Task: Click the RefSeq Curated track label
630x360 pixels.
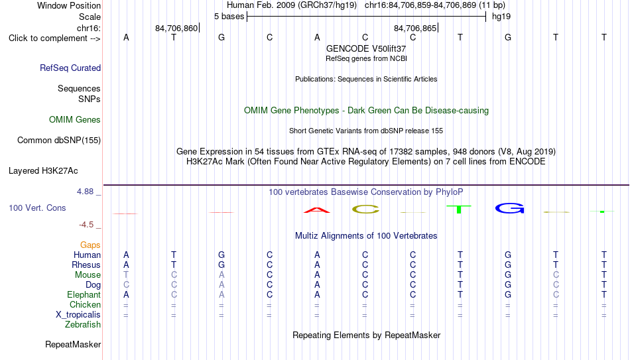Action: pos(70,68)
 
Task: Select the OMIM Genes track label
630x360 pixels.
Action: pos(75,120)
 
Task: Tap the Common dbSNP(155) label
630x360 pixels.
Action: pos(59,141)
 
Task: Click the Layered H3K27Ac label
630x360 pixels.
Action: pos(43,171)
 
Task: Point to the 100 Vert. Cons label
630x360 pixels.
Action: pos(37,208)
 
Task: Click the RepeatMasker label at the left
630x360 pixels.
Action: pos(73,344)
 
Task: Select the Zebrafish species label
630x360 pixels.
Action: pos(83,324)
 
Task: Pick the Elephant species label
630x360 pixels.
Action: pos(84,294)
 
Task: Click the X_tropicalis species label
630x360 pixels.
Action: pos(78,315)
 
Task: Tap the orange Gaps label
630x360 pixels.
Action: pos(90,245)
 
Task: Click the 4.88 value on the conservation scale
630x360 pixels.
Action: pos(85,192)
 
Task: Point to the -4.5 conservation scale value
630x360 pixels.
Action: pos(86,225)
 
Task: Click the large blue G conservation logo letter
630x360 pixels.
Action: pos(509,208)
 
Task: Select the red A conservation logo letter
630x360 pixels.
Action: pos(317,210)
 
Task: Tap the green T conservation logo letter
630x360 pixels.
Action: pos(459,209)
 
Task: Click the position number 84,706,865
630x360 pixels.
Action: pos(415,28)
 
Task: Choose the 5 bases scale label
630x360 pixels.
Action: pos(229,17)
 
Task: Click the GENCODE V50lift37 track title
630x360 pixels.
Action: pos(366,48)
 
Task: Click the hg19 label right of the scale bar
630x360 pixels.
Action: pos(501,17)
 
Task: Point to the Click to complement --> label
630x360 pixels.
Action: pos(54,38)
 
